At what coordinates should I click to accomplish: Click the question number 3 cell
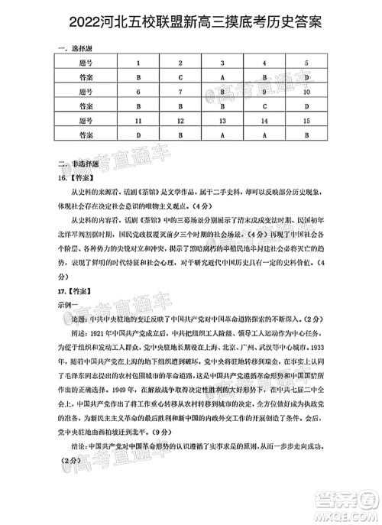(x=222, y=63)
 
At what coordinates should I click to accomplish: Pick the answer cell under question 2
(x=180, y=78)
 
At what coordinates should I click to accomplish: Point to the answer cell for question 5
(x=306, y=78)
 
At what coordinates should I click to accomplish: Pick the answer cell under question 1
(x=138, y=78)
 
